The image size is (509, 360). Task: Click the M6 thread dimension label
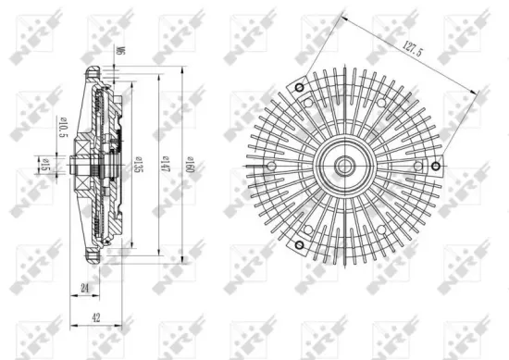point(119,55)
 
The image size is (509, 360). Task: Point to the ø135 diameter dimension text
point(136,167)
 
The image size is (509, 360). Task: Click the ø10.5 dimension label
point(63,130)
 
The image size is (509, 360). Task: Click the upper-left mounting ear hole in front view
point(298,87)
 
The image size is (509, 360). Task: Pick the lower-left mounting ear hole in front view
point(298,246)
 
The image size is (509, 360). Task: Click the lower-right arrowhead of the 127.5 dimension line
point(480,90)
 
